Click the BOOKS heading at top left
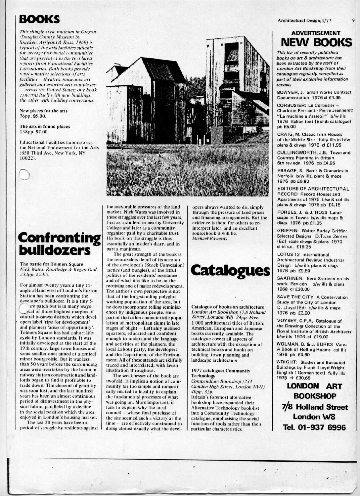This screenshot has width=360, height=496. click(39, 19)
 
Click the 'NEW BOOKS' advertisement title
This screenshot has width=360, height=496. click(316, 42)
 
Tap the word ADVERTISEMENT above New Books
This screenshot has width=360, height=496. click(316, 33)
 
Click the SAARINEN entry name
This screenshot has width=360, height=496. click(289, 279)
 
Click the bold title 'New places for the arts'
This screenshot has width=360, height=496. click(44, 111)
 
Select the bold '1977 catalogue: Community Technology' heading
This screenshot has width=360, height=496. click(218, 373)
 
